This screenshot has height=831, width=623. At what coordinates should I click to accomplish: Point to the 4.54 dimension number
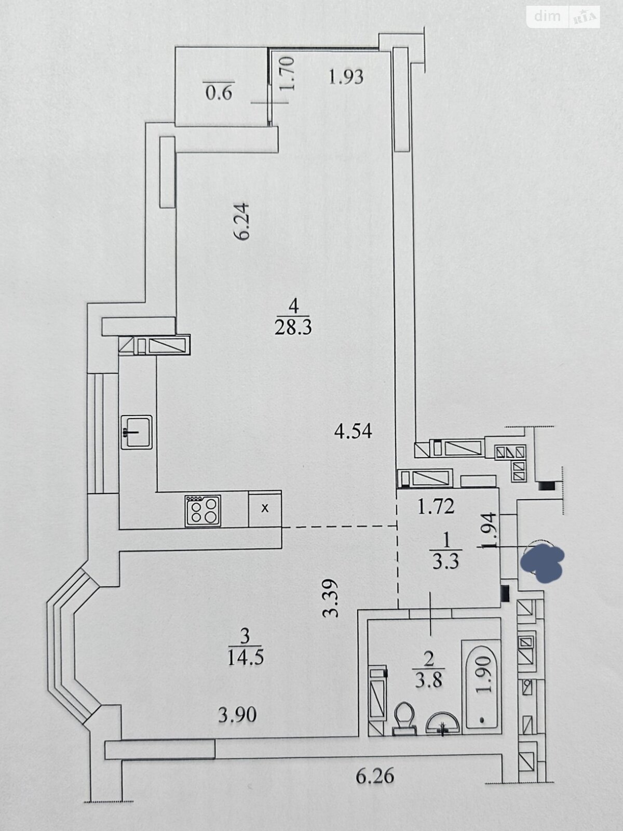click(x=353, y=432)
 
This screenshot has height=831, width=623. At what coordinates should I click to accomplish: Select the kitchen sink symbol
click(x=137, y=432)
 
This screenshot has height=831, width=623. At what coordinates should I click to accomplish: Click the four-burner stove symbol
click(x=203, y=511)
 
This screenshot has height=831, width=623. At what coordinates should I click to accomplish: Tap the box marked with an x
click(x=265, y=508)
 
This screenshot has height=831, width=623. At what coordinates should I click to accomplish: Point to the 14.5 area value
click(x=246, y=658)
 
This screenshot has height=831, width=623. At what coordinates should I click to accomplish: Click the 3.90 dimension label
click(x=237, y=715)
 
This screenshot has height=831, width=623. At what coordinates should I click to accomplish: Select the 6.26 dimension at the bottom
click(x=375, y=776)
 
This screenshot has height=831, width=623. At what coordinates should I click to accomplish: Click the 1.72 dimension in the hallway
click(x=436, y=506)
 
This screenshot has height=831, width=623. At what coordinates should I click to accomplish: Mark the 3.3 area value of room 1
click(x=446, y=561)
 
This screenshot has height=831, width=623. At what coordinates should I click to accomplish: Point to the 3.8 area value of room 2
click(x=429, y=680)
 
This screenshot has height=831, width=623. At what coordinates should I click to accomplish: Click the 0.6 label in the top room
click(x=219, y=93)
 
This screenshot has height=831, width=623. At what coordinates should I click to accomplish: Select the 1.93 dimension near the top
click(x=346, y=77)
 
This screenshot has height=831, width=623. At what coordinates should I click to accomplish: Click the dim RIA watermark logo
click(x=564, y=17)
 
